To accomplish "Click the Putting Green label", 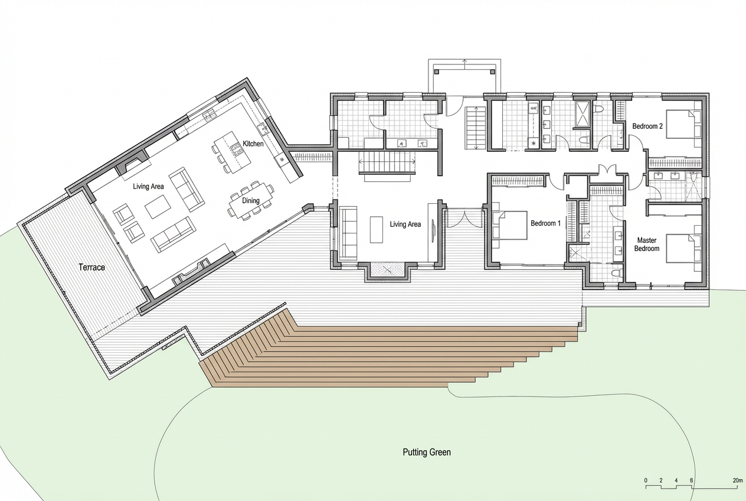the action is tap(427, 453).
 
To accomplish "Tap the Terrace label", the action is tap(92, 267).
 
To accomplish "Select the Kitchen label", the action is tap(253, 144).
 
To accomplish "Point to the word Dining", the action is tap(251, 200).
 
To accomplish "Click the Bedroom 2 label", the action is tap(647, 126).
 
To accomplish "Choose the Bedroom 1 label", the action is tap(545, 223).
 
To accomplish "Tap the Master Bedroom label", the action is tap(647, 245).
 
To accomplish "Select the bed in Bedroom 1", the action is tap(509, 225).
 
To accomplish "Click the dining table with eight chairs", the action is tap(251, 200).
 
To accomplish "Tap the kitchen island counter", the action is tap(232, 152).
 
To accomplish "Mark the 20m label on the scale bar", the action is tap(737, 481).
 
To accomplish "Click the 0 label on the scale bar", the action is tap(646, 481).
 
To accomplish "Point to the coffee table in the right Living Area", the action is tap(377, 230).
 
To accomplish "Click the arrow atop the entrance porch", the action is tap(464, 65).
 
